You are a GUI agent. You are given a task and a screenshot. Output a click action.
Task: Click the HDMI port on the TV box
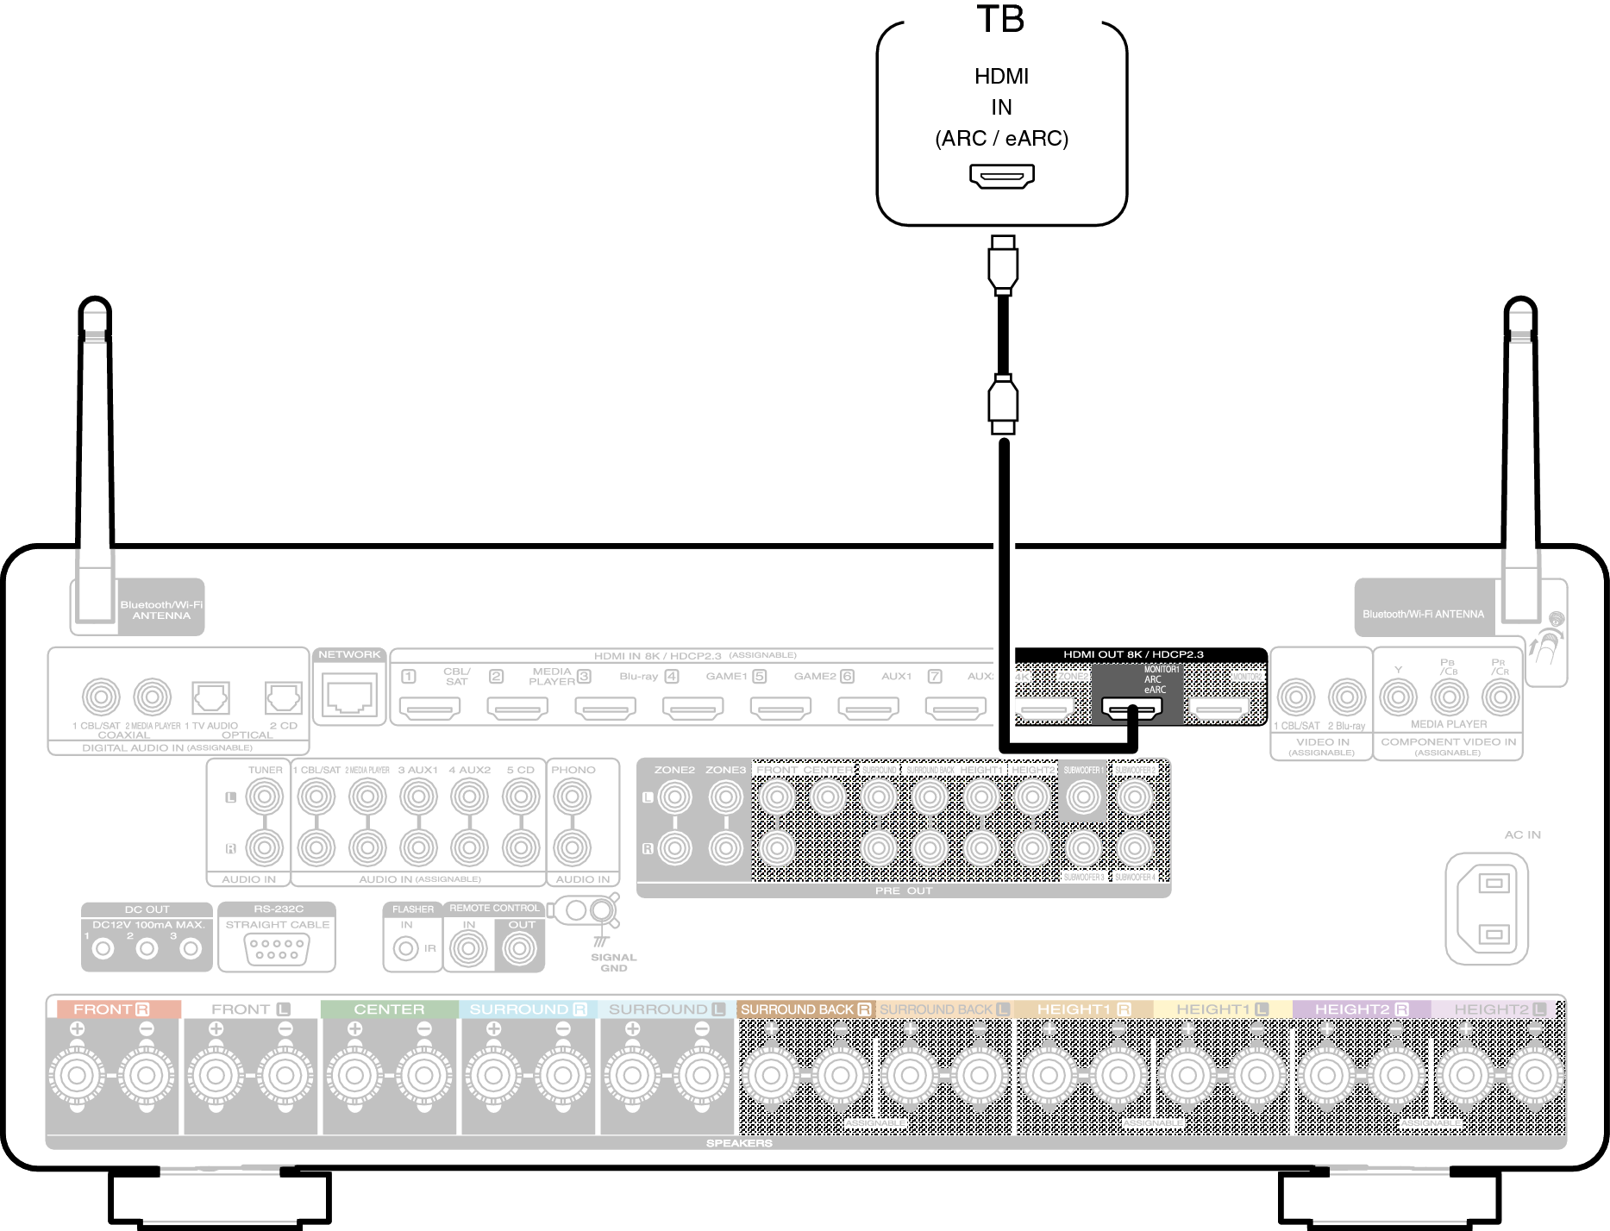[x=1001, y=176]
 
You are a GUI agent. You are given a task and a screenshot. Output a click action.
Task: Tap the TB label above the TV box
[x=1000, y=19]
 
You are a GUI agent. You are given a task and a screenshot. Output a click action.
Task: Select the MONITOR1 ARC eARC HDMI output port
[x=1131, y=709]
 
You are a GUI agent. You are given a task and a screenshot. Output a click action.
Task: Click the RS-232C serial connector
[x=277, y=949]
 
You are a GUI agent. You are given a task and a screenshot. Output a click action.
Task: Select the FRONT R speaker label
[x=112, y=1009]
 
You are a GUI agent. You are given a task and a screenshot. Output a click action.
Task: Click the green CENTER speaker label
[x=389, y=1009]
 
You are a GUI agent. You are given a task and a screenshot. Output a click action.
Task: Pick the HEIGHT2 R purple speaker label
[x=1361, y=1009]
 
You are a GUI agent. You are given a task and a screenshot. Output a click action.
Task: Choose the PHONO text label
[x=573, y=770]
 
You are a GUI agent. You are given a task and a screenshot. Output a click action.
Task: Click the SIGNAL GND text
[x=613, y=962]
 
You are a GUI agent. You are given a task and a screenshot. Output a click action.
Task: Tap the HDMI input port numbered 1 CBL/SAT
[x=430, y=709]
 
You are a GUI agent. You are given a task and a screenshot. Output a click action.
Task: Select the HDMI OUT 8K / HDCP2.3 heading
[x=1133, y=654]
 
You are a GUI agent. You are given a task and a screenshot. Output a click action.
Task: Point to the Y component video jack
[x=1398, y=697]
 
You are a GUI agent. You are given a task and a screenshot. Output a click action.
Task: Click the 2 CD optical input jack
[x=283, y=697]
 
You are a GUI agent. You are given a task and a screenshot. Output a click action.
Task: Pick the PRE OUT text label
[x=903, y=890]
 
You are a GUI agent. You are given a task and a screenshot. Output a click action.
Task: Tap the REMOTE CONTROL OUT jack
[x=520, y=949]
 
